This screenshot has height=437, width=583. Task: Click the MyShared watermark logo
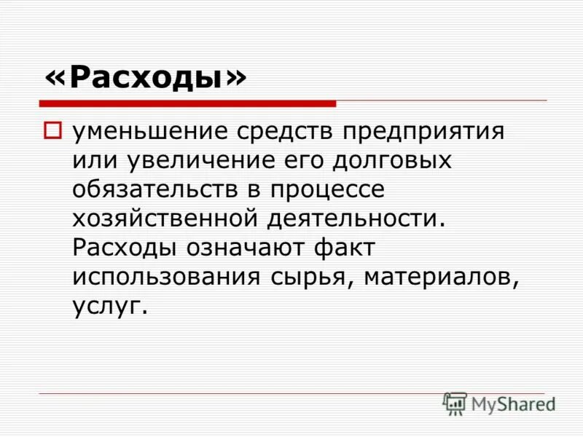pyautogui.click(x=500, y=403)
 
